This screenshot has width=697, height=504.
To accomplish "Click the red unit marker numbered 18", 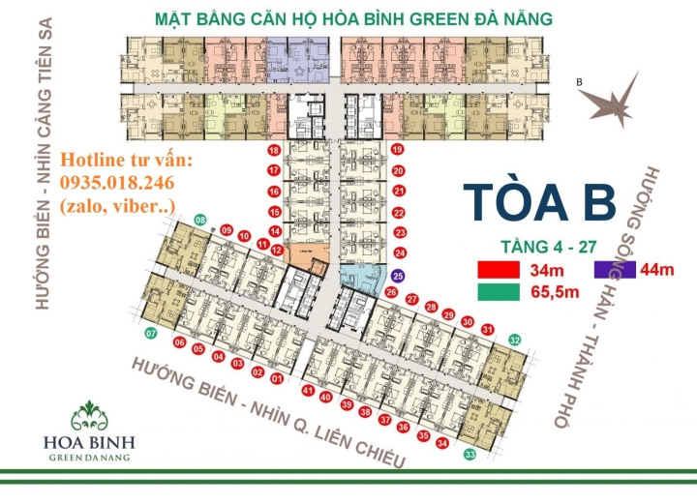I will click(x=274, y=151).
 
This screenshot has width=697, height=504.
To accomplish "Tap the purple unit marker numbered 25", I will click(x=398, y=276).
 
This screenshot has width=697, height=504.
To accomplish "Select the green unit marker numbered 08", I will click(x=200, y=221).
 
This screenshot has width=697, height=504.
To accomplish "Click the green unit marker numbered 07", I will click(x=151, y=334).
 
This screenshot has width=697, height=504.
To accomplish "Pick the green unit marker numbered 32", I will click(x=515, y=340).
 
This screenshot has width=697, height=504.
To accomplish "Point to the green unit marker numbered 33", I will click(x=470, y=454).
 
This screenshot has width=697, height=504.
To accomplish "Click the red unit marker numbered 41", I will click(x=308, y=391).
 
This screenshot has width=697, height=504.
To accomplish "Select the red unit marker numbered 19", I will click(x=398, y=150).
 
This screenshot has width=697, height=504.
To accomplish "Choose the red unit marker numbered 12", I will click(x=277, y=250).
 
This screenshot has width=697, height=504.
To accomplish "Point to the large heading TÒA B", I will click(x=539, y=201).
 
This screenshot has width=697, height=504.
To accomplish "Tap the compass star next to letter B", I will click(x=620, y=98).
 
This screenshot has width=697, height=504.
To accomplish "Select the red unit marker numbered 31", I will click(x=488, y=330).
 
